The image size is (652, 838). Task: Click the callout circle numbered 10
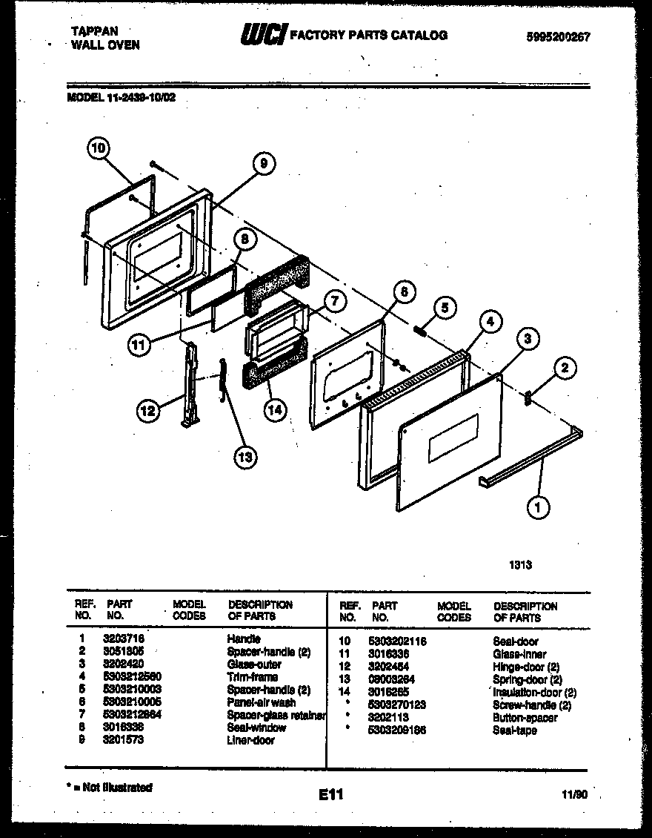97,149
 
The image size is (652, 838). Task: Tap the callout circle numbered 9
262,165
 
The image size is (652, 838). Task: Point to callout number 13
244,457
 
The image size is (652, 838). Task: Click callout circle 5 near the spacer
444,308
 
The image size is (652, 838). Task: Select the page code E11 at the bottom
331,795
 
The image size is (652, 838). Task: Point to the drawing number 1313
520,564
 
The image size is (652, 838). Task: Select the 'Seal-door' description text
515,641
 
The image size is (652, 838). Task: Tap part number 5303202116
397,641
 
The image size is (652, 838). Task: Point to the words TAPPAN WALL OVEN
104,38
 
